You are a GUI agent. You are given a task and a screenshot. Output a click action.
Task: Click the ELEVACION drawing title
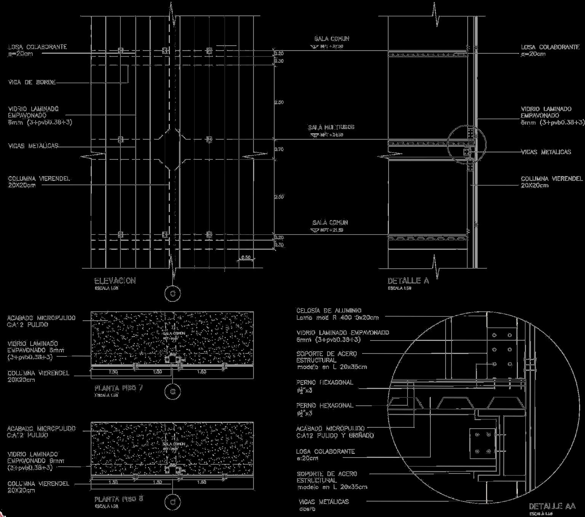115,281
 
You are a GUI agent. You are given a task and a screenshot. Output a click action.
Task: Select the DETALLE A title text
408,281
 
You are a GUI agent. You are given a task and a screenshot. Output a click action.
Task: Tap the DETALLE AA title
552,506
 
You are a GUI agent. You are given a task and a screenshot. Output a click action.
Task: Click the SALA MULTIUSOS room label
331,127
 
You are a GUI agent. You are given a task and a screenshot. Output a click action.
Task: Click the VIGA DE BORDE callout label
32,82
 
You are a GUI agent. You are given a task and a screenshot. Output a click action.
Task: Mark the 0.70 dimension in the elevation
279,149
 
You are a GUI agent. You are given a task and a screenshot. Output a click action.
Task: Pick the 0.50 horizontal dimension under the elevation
246,258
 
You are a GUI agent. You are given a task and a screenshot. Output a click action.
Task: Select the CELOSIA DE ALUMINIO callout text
329,311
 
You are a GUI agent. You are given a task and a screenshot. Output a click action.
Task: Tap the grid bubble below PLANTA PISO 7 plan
173,392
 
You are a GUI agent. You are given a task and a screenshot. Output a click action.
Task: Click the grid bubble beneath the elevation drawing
173,294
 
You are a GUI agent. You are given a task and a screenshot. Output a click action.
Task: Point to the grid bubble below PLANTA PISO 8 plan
173,502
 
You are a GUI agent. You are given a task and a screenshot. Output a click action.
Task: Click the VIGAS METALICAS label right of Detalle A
546,152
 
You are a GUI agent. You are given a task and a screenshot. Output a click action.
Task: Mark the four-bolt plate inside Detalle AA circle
482,443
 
